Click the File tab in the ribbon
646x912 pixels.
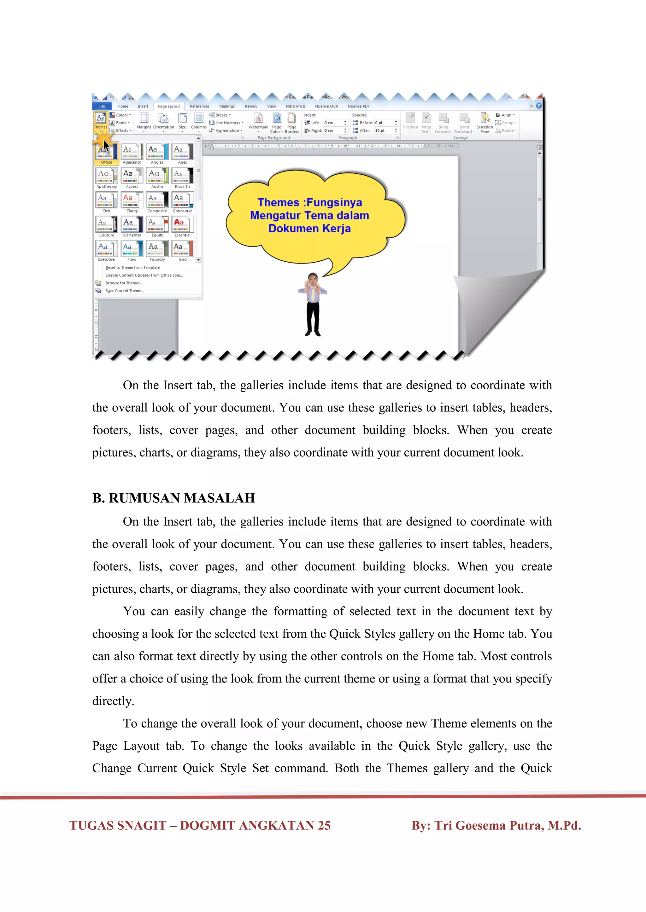pyautogui.click(x=102, y=106)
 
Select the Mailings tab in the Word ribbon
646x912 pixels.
pyautogui.click(x=227, y=106)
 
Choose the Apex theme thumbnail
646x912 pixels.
pyautogui.click(x=183, y=154)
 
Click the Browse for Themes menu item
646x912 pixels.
pyautogui.click(x=124, y=283)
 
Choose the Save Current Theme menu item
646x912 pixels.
pyautogui.click(x=125, y=291)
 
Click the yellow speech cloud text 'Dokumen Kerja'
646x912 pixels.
pyautogui.click(x=309, y=229)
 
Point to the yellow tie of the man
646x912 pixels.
pyautogui.click(x=313, y=294)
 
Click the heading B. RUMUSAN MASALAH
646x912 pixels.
pyautogui.click(x=173, y=498)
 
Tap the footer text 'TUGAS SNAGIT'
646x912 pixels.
pyautogui.click(x=118, y=825)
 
